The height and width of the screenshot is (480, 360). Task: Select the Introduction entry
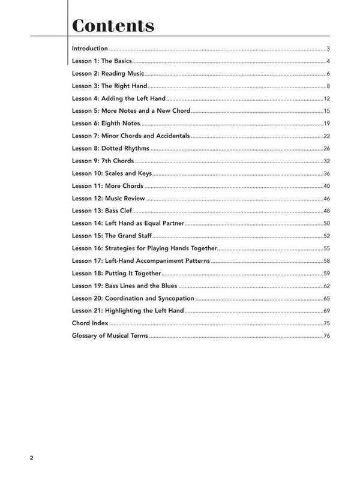[89, 48]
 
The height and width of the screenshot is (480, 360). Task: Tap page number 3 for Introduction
[329, 48]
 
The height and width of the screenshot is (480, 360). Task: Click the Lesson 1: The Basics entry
[101, 61]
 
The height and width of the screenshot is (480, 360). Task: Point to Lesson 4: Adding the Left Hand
[118, 98]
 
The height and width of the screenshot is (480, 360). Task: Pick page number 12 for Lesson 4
[328, 98]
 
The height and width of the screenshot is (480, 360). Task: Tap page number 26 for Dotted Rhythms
[328, 149]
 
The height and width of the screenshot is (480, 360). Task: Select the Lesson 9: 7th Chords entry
[103, 161]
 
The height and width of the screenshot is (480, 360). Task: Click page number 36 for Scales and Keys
[328, 173]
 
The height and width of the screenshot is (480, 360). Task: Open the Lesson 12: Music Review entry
[108, 199]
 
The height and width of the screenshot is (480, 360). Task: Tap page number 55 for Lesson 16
[328, 248]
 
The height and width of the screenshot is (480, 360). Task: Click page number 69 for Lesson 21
[328, 311]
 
